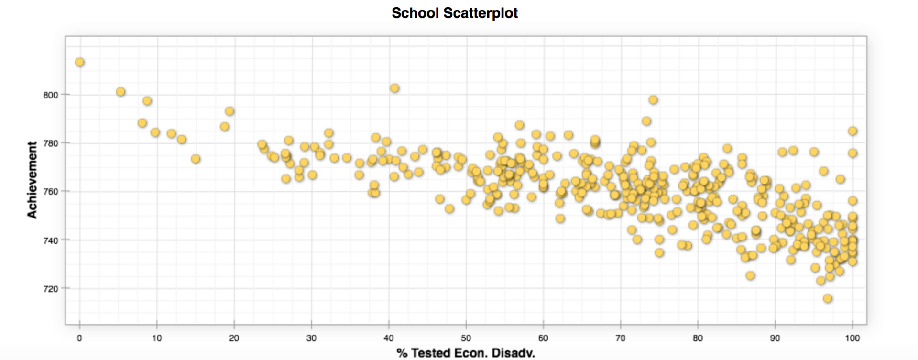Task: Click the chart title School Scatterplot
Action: pos(454,13)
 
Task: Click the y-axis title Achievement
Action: pos(32,180)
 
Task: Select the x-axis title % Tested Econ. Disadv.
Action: pos(465,353)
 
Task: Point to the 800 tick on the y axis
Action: pos(51,95)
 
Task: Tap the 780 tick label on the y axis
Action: pos(51,143)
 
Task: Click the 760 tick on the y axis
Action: pos(51,191)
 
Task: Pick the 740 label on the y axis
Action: pos(51,240)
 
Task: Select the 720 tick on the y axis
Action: pos(51,289)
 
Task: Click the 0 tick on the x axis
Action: pos(79,338)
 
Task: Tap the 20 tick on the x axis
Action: pos(234,338)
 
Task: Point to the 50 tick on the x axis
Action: pos(466,338)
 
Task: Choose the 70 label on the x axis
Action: pos(620,338)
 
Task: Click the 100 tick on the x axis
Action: pos(852,338)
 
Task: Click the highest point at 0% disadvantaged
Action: pos(80,62)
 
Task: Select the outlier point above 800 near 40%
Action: pos(394,88)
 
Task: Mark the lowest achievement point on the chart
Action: pos(828,298)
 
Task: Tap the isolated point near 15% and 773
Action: pos(196,159)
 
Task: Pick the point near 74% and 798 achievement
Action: pos(653,99)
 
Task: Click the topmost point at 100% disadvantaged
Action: pos(852,131)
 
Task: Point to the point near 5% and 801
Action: pos(121,91)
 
